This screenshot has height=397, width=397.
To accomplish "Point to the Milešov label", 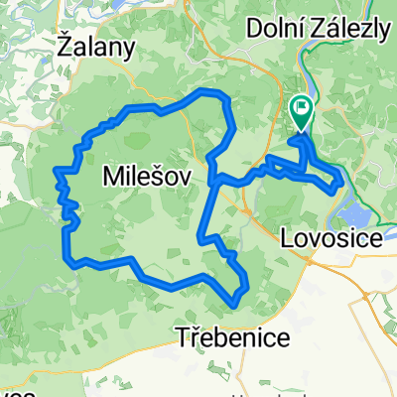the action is click(x=143, y=177).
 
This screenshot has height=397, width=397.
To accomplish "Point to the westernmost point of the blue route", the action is click(x=56, y=176).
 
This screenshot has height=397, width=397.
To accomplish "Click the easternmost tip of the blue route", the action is click(x=342, y=179).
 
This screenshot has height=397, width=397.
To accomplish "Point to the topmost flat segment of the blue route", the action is click(x=210, y=92).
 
